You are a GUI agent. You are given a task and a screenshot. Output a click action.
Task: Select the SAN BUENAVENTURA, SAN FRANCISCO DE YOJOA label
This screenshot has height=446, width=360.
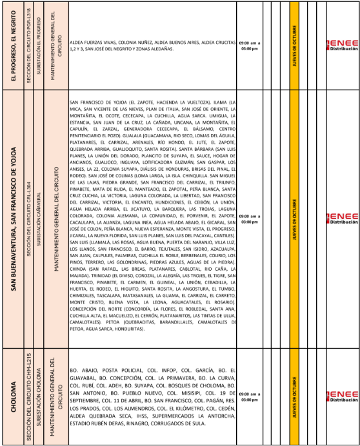[13, 219]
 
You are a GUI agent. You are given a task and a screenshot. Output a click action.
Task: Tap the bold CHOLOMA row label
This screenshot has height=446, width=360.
[13, 394]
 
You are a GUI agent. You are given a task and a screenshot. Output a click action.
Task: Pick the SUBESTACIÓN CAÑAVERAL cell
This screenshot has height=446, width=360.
[40, 219]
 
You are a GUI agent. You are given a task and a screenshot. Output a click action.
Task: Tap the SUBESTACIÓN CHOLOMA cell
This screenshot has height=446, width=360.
[40, 394]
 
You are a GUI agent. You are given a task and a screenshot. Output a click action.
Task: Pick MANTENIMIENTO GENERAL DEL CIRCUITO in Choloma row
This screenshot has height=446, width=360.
[57, 394]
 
